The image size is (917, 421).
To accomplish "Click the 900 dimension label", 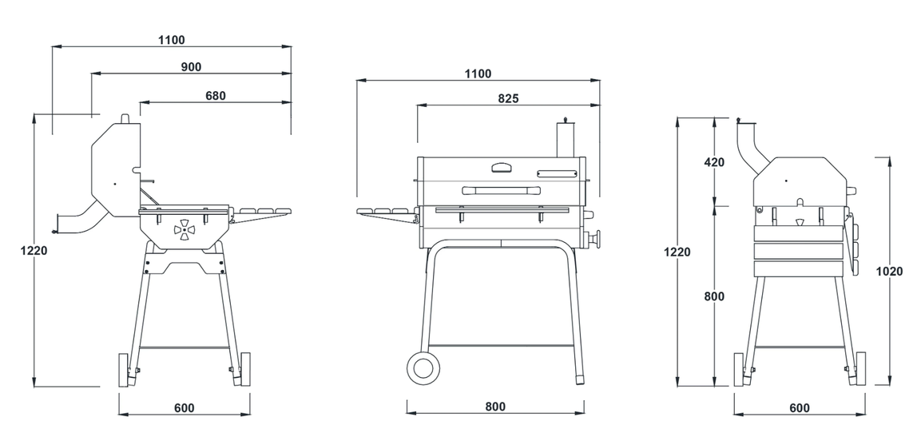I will click(x=191, y=67).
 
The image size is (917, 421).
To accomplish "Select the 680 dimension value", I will click(x=216, y=96).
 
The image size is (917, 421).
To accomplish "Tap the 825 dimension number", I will click(x=508, y=99).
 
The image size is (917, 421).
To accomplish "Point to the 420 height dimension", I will click(x=714, y=162).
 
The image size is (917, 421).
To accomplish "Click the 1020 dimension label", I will click(x=889, y=271).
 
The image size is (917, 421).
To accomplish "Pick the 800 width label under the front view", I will click(x=495, y=407).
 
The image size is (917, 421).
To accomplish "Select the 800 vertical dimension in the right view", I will click(x=715, y=296).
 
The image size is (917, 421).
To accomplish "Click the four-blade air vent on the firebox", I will click(x=184, y=231).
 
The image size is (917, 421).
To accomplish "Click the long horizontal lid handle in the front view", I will click(x=495, y=190).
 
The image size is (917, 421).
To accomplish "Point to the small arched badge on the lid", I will click(x=503, y=168).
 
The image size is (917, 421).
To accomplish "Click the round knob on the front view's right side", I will click(x=593, y=240).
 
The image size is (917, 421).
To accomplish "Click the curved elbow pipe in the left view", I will click(x=80, y=220).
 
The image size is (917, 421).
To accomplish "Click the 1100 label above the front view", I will click(x=478, y=74).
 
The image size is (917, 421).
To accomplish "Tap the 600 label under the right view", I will click(x=799, y=408).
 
